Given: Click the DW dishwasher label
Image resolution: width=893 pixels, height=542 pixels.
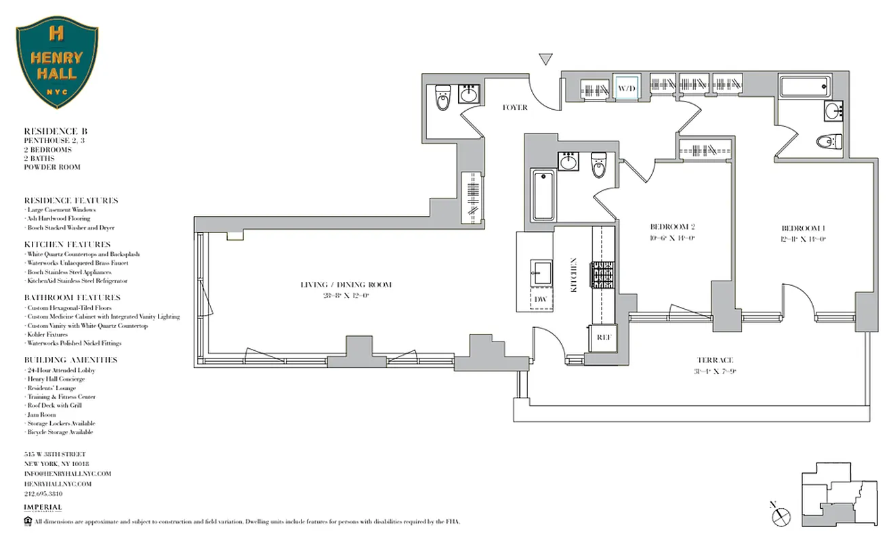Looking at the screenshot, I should (x=541, y=299).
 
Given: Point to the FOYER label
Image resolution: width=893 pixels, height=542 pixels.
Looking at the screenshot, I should (x=514, y=108).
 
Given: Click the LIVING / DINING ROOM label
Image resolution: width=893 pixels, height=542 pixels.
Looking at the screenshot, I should (x=346, y=285).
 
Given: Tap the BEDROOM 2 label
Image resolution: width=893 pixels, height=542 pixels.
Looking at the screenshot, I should (x=673, y=227).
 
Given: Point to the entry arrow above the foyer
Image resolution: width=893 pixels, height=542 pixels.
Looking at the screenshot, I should (x=545, y=60).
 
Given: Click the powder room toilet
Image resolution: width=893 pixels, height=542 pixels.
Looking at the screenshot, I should (x=443, y=100).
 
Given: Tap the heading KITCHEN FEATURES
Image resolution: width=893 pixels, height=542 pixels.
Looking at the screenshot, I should (x=67, y=245).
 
